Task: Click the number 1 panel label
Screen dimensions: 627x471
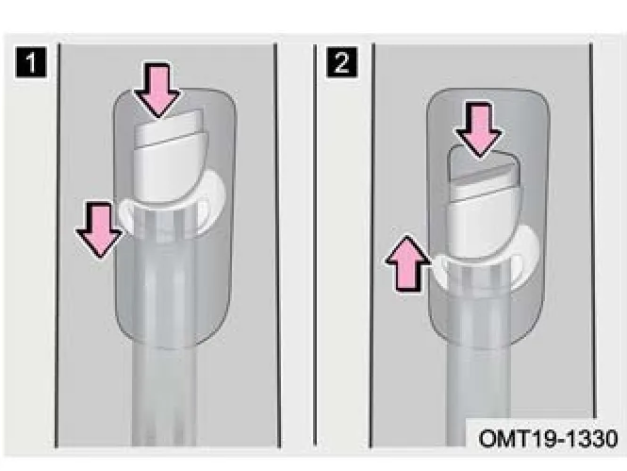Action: pos(31,61)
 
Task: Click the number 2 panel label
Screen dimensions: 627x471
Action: pos(341,61)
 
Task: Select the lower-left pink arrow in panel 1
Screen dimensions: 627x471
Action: pos(99,230)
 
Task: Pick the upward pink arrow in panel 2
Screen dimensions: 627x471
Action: pos(408,263)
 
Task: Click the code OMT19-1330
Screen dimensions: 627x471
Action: pos(548,439)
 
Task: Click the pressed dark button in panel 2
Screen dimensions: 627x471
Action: pos(483,168)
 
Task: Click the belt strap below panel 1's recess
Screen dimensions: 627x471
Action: pos(164,396)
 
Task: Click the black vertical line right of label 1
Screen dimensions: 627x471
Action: pos(58,244)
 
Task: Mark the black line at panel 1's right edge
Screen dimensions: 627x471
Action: pos(276,244)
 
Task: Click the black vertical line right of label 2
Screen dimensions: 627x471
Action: pos(371,244)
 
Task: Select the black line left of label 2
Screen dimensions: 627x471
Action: pos(315,244)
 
